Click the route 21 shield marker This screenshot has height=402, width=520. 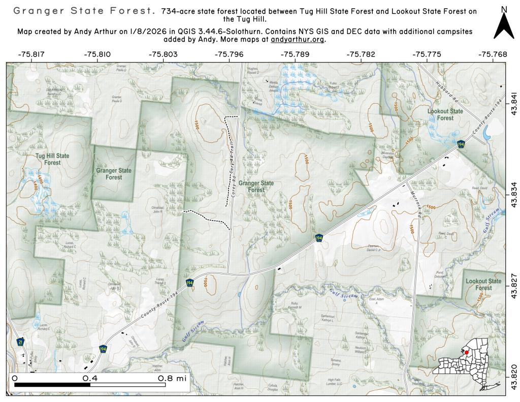20,342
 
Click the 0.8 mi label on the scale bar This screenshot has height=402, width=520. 172,379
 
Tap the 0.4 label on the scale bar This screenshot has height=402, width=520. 90,379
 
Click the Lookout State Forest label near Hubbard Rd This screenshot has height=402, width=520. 445,114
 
